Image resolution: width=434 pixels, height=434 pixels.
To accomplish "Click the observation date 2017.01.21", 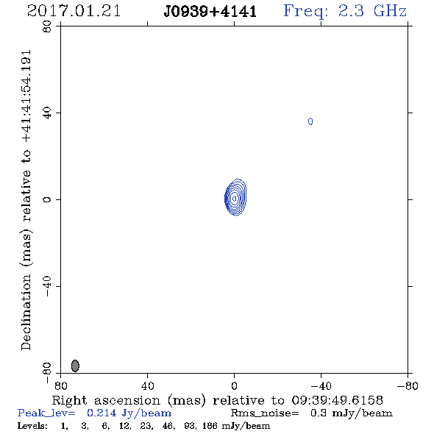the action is (x=74, y=11).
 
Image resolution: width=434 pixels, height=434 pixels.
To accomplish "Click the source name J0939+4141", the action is (x=210, y=12).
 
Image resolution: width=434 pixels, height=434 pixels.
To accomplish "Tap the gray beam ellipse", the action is (x=75, y=366).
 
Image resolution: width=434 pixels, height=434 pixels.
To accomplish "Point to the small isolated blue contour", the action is (x=310, y=121).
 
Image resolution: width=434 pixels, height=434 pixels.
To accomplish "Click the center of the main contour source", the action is (x=235, y=198).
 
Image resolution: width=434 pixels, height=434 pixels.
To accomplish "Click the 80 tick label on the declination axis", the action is (x=47, y=26).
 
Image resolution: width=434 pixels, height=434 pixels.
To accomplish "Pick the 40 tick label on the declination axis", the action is (x=47, y=113).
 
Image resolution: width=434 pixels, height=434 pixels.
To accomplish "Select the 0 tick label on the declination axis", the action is (x=47, y=199).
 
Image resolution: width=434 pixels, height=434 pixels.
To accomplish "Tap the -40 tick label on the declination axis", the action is (x=47, y=286).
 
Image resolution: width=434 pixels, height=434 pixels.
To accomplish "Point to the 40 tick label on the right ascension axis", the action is (x=147, y=386).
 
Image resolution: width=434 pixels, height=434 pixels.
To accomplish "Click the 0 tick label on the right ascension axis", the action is (x=234, y=386).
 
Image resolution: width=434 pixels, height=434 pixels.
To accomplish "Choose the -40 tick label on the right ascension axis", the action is (x=321, y=386).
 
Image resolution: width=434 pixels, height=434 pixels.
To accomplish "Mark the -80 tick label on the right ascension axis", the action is (x=408, y=386).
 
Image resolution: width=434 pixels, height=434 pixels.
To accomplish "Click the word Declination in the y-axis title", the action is (x=26, y=312).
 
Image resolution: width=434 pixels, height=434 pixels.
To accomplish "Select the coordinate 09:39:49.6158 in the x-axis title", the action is (x=338, y=400).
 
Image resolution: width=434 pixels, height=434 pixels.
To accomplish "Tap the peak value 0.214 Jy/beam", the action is (x=129, y=413).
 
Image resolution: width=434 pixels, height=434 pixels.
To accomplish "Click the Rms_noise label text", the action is (x=265, y=413).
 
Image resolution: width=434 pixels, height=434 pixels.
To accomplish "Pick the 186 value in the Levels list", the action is (x=210, y=426).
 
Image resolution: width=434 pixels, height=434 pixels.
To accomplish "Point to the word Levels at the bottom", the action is (x=32, y=426).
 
